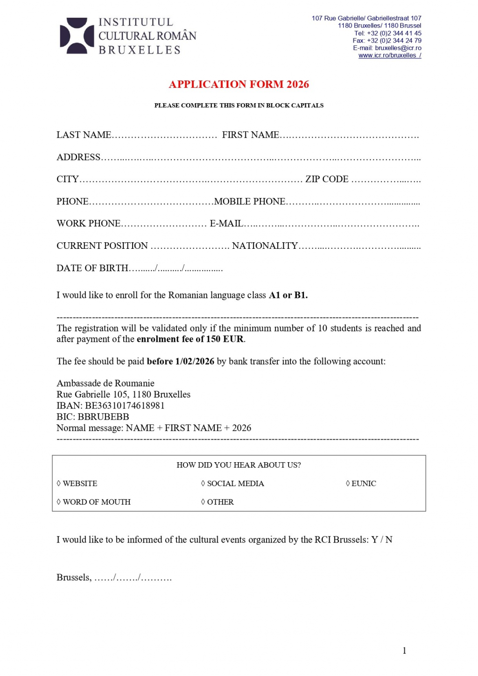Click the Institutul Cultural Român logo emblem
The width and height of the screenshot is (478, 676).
point(77,35)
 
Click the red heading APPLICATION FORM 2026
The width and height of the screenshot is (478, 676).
point(239,84)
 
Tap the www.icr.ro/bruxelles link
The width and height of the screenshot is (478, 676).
point(389,56)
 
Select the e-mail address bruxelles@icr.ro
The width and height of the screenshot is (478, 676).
point(398,48)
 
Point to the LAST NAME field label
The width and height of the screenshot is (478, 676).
point(84,135)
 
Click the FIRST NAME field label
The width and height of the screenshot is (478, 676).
point(250,135)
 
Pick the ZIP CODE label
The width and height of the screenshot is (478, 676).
point(327,179)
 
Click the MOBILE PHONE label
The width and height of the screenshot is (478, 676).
point(250,202)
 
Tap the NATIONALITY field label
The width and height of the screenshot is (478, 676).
point(265,246)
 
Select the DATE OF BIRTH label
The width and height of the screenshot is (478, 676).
point(92,268)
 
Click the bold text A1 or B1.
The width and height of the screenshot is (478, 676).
point(288,296)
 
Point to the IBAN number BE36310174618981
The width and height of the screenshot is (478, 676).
point(125,406)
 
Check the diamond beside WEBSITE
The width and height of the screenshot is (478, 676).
point(59,484)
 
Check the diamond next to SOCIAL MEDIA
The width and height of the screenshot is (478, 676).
point(203,484)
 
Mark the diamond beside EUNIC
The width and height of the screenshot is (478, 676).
point(348,484)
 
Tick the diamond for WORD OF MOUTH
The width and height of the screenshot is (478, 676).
point(59,502)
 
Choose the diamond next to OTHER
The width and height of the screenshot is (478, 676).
point(203,502)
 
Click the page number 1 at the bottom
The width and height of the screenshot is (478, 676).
point(404,651)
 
